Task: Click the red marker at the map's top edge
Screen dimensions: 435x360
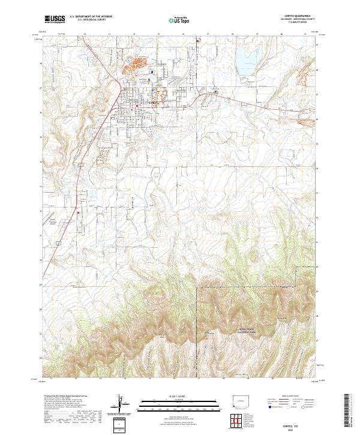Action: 198,41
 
